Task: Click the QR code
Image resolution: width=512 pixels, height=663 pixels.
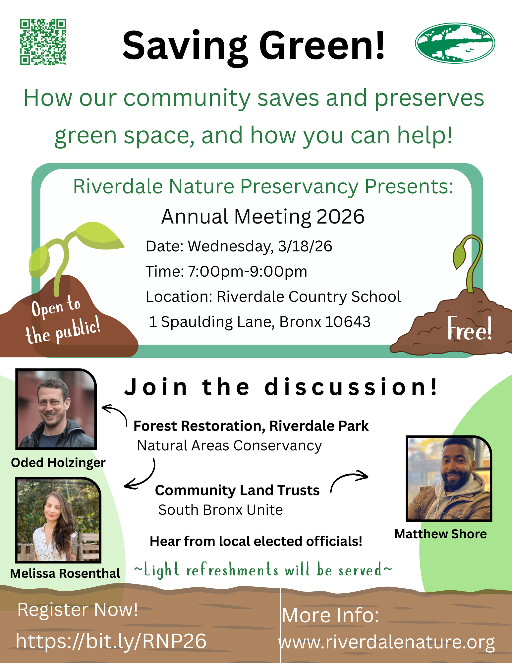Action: [x=43, y=42]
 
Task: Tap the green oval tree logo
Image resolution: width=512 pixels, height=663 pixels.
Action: [x=455, y=43]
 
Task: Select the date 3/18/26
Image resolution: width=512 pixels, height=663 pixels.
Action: [x=305, y=246]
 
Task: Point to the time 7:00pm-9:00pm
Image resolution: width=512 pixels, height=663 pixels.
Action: [x=248, y=271]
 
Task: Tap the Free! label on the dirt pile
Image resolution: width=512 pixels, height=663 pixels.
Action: [x=470, y=328]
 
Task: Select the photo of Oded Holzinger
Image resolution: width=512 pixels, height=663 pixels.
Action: [x=56, y=409]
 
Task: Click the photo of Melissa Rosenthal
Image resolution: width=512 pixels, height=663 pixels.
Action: [x=58, y=520]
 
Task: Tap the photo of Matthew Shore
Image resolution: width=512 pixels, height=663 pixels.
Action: [x=449, y=479]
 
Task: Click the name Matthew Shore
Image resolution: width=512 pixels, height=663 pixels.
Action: [x=440, y=534]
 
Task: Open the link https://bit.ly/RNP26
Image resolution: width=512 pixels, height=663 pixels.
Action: [x=111, y=641]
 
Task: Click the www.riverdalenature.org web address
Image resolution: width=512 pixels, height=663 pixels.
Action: [x=387, y=642]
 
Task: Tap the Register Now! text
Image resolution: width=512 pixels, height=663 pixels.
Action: [x=78, y=610]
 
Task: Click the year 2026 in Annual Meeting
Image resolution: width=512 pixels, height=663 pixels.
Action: [x=340, y=217]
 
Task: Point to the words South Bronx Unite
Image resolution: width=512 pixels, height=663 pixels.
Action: [x=221, y=510]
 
